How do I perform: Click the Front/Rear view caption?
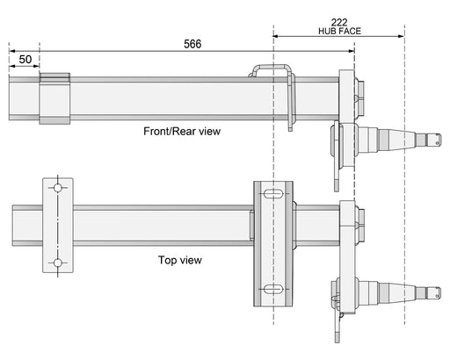(182, 131)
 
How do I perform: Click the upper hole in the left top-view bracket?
(58, 189)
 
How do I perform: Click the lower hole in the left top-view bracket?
(58, 263)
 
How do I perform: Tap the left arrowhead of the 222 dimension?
(276, 36)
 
